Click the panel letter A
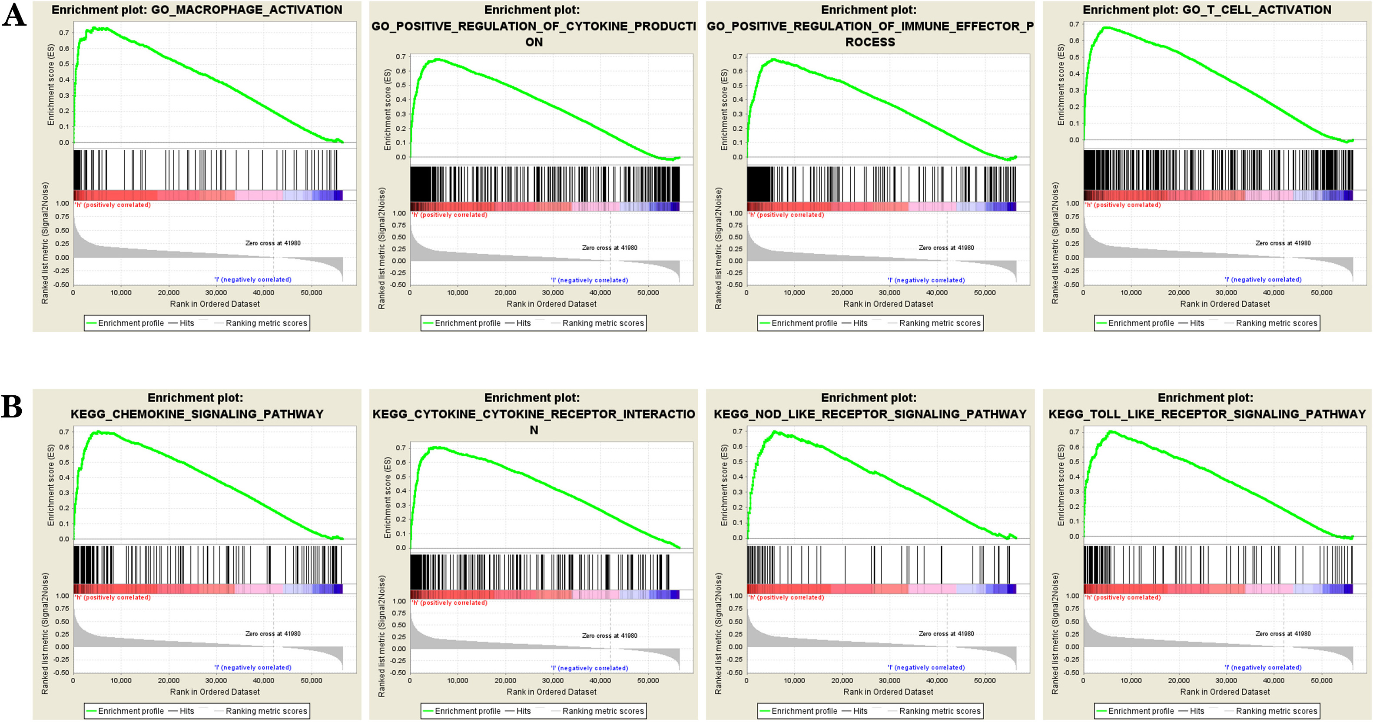click(x=14, y=15)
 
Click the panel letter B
click(x=12, y=407)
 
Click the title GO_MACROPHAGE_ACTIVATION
click(x=247, y=10)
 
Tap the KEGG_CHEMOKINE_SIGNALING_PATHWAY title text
click(x=197, y=414)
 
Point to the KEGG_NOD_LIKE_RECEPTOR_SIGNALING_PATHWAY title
click(x=870, y=414)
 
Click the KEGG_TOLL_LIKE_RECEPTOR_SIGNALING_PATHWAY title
click(x=1207, y=414)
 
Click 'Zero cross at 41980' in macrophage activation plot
click(x=273, y=243)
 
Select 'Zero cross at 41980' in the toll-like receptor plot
click(x=1283, y=633)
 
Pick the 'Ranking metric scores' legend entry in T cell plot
click(x=1277, y=323)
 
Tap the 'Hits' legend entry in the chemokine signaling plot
click(x=186, y=711)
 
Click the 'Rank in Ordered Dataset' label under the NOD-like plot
click(x=888, y=692)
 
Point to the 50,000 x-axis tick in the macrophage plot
click(x=311, y=292)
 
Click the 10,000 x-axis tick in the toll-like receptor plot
click(x=1131, y=680)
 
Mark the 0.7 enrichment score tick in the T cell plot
click(x=1074, y=24)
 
